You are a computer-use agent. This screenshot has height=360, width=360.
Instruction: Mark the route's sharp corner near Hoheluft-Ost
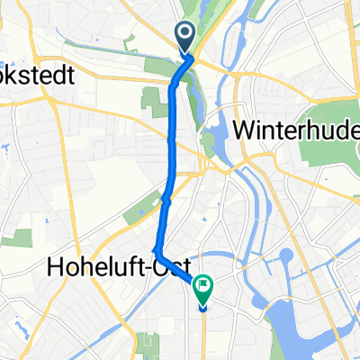(157, 248)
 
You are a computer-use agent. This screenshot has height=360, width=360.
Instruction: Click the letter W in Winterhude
(245, 130)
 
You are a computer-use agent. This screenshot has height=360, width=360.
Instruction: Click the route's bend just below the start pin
(174, 83)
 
